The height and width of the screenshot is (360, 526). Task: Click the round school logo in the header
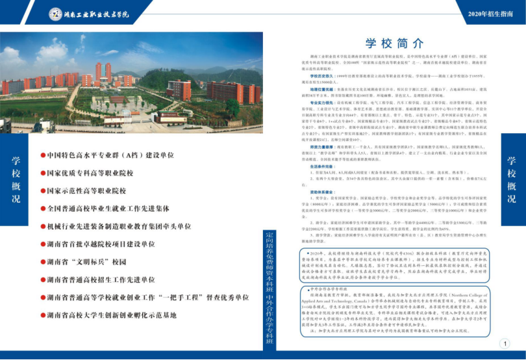click(x=56, y=14)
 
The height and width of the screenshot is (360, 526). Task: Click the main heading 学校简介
click(x=386, y=44)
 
